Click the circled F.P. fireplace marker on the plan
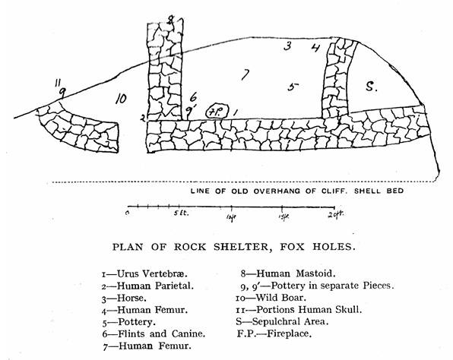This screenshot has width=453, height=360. (x=217, y=112)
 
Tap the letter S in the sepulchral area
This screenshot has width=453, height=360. (x=371, y=87)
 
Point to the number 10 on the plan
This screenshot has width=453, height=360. (x=121, y=99)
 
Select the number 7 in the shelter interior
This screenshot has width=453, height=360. (x=245, y=74)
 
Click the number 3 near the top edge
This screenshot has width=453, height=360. (x=287, y=46)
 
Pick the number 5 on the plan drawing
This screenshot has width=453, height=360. (x=293, y=87)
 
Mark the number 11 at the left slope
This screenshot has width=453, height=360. (x=57, y=83)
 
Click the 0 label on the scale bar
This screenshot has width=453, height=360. (x=128, y=213)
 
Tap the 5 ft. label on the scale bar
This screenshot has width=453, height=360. (x=181, y=213)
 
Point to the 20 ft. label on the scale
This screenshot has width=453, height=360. (x=336, y=214)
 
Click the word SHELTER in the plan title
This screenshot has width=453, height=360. (x=242, y=247)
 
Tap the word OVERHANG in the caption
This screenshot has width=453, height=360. (x=278, y=191)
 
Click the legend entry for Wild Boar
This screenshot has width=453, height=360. (x=271, y=298)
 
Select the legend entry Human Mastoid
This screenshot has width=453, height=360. (x=288, y=273)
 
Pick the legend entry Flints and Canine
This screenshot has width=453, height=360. (x=154, y=333)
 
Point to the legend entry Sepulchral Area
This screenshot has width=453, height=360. (x=282, y=321)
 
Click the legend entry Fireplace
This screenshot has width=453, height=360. (x=274, y=333)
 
